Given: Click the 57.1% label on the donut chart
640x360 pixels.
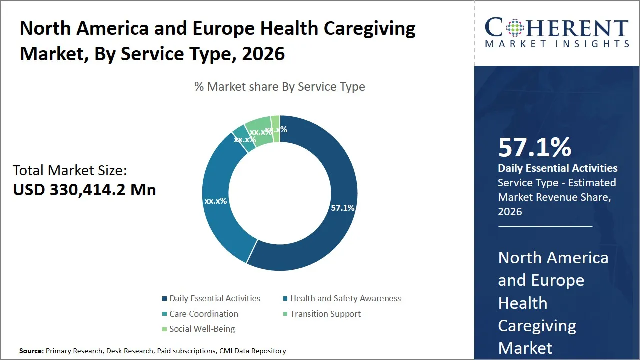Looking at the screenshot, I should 342,208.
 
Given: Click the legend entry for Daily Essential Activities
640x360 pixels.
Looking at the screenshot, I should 214,298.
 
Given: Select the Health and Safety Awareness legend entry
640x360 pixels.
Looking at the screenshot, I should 345,298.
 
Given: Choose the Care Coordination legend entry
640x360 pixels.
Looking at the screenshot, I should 203,314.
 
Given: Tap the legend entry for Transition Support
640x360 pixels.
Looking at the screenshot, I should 325,314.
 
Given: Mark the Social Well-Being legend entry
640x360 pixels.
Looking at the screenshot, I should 202,329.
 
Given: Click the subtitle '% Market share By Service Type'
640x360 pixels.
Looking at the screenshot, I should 280,87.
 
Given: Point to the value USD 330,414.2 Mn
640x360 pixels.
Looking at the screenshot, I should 84,190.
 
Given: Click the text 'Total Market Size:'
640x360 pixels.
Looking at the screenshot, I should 70,170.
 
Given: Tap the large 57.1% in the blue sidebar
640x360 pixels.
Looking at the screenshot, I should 534,147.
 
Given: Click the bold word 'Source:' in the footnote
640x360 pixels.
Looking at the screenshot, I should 31,351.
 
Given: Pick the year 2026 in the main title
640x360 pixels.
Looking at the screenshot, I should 263,54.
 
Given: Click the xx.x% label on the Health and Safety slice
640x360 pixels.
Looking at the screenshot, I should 215,201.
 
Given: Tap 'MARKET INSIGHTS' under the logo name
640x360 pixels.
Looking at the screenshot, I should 557,44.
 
